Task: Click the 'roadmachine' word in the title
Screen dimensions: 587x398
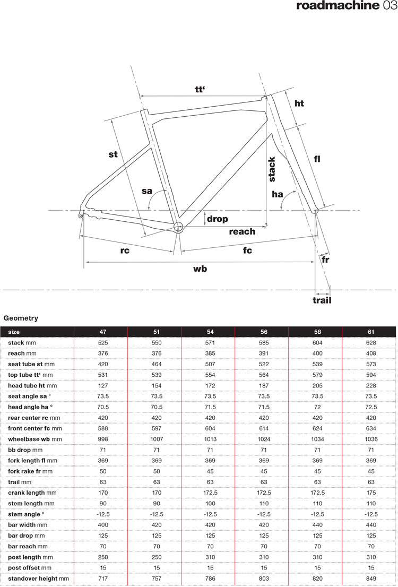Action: (337, 6)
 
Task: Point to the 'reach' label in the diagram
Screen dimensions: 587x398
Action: (242, 231)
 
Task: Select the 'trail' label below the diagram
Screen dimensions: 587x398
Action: (322, 300)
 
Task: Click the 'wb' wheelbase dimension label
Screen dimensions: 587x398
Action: (200, 269)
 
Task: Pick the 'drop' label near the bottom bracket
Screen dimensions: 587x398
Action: (218, 219)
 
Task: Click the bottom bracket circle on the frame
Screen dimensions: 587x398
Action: (178, 228)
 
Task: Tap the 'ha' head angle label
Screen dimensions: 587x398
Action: (277, 194)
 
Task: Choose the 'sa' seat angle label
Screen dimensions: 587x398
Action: (148, 191)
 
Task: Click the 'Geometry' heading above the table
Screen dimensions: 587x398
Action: (21, 318)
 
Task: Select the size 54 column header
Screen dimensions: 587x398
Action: (208, 332)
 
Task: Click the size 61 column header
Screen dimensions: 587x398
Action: (369, 332)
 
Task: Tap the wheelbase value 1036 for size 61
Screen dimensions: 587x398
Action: (369, 439)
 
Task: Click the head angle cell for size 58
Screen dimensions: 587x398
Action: (315, 407)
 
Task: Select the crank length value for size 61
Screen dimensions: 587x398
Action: (369, 493)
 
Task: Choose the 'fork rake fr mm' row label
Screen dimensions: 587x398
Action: (31, 471)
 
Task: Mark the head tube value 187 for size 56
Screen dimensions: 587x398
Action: (262, 386)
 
